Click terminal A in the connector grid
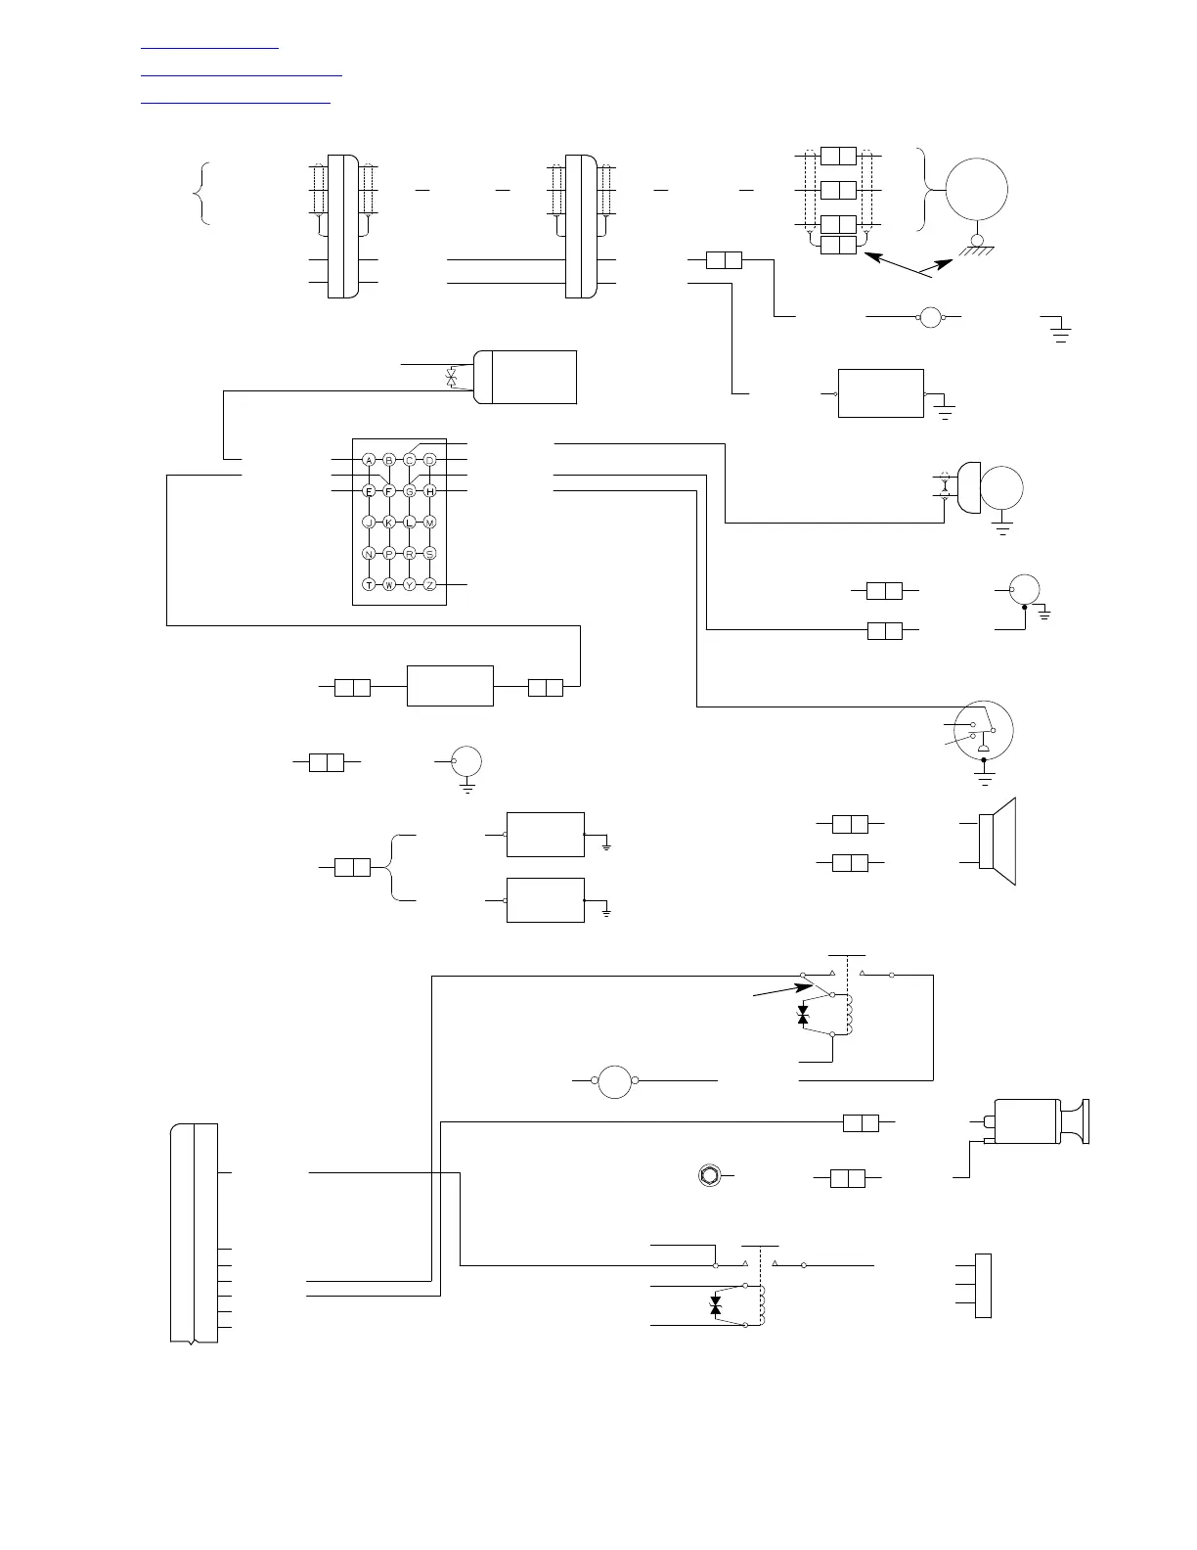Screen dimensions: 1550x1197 tap(369, 459)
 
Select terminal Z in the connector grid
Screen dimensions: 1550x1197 tap(429, 584)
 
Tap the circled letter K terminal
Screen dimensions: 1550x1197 tap(389, 522)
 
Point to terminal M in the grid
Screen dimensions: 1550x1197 tap(429, 522)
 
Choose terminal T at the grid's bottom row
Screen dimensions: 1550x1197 tap(369, 584)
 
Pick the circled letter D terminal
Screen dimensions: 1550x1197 tap(429, 459)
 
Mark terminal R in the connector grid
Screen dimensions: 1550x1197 tap(410, 553)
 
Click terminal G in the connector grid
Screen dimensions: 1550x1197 tap(410, 490)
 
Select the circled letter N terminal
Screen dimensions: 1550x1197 tap(369, 553)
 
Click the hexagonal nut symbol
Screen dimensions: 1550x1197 tap(708, 1175)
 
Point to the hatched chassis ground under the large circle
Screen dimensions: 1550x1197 tap(976, 251)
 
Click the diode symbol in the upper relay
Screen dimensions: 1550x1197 tap(803, 1015)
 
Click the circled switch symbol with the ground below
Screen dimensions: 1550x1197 tap(985, 730)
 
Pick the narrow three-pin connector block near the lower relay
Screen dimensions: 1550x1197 tap(983, 1285)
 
